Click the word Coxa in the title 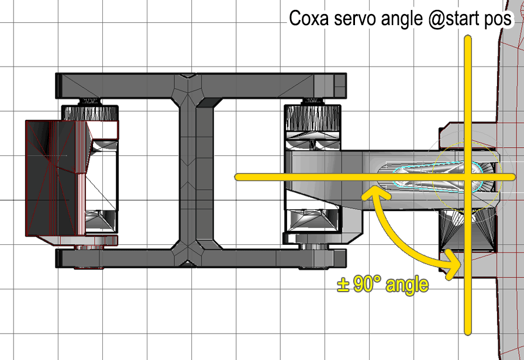point(311,19)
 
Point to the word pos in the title point(499,20)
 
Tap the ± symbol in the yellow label point(343,285)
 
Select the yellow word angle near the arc point(406,286)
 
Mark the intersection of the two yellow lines point(467,176)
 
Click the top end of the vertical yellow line point(467,39)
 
